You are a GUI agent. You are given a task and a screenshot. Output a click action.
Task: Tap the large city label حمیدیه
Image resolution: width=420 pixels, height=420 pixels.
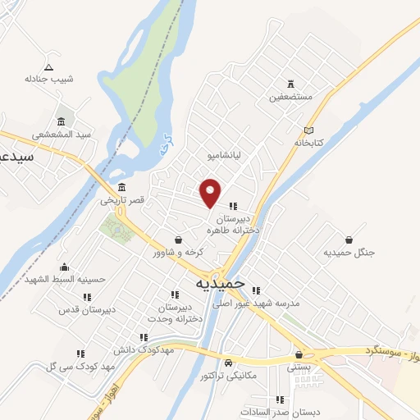[x=221, y=282]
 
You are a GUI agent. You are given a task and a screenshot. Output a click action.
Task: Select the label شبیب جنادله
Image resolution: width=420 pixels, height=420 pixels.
[x=49, y=79]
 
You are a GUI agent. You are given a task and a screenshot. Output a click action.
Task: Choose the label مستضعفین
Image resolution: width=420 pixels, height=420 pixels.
[x=291, y=97]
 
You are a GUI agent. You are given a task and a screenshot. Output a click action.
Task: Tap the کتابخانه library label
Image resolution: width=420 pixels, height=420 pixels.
[x=309, y=143]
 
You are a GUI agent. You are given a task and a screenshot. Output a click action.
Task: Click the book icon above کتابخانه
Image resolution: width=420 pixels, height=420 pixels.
[x=308, y=130]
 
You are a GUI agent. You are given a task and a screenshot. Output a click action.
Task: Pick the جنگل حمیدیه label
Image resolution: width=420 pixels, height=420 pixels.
[x=349, y=253]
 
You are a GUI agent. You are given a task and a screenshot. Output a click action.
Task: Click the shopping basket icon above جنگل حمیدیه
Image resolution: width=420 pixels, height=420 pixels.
[x=349, y=240]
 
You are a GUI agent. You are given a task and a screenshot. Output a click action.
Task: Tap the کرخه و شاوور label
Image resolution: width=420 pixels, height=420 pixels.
[x=178, y=252]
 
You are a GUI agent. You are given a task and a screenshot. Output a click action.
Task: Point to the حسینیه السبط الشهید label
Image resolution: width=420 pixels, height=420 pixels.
[x=65, y=279]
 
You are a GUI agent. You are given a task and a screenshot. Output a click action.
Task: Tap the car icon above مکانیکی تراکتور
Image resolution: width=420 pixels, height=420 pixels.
[x=229, y=363]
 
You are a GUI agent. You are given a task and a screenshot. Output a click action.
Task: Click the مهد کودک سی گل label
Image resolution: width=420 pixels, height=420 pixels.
[x=57, y=366]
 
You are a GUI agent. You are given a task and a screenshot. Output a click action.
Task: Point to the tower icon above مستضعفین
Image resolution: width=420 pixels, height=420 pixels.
[x=291, y=84]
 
